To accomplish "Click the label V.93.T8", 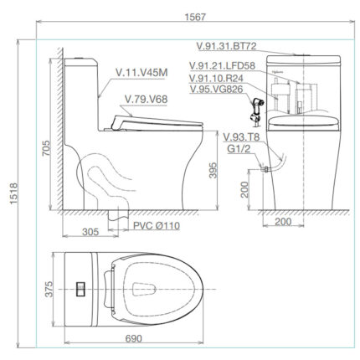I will coord(239,137).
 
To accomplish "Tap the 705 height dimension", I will coord(47,148).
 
